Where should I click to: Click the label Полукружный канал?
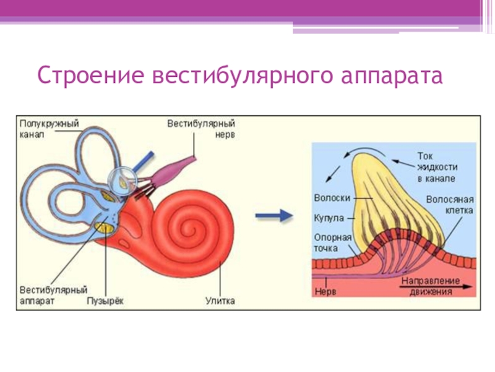pos(49,130)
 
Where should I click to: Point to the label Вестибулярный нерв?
pos(202,130)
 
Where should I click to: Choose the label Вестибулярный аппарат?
pos(53,296)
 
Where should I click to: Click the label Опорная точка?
pos(332,243)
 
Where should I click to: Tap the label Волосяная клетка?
pos(450,205)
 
